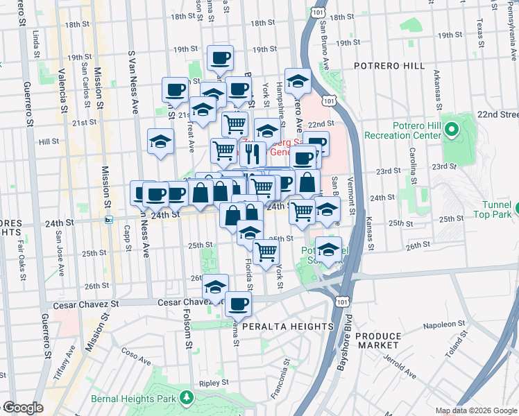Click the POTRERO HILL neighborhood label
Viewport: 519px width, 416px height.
coord(388,65)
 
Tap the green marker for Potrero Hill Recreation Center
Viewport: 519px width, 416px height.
coord(451,129)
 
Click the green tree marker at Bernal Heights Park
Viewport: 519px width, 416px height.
coord(185,397)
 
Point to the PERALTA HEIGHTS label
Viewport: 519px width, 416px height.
coord(284,326)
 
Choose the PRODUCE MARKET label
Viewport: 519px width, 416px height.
coord(377,340)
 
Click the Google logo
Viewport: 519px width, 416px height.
coord(23,408)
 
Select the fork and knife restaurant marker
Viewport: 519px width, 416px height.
coord(252,153)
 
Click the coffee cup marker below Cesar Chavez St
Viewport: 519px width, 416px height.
coord(238,303)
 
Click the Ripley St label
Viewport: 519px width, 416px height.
coord(209,382)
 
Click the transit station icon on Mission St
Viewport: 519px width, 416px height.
coord(108,220)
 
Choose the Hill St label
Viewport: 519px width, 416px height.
coord(49,141)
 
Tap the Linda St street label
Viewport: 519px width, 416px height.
coord(37,44)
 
